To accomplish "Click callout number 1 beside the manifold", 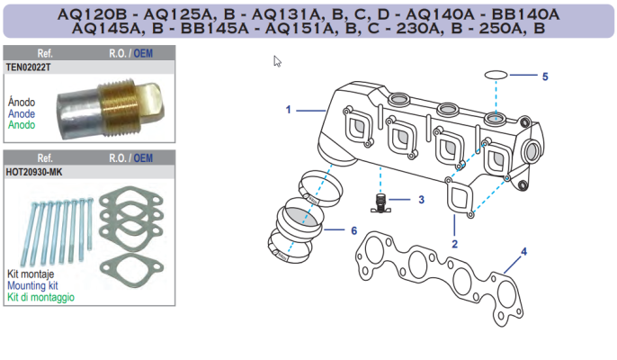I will click(289, 110).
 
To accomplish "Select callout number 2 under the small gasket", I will click(455, 244).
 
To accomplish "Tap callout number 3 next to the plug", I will click(421, 199).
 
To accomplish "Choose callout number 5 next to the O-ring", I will click(544, 76).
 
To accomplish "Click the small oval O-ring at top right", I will click(496, 75).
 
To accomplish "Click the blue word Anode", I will click(22, 114).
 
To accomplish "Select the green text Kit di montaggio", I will click(40, 296).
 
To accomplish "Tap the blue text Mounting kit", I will click(31, 284).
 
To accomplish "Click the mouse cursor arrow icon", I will click(278, 61).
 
